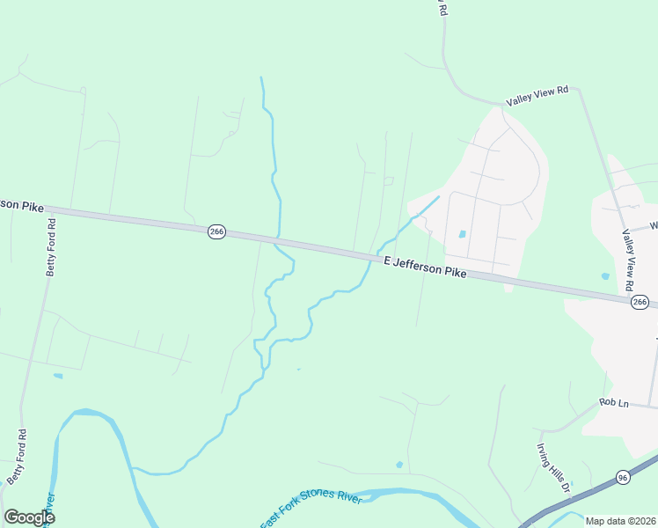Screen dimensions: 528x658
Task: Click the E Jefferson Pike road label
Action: tap(425, 267)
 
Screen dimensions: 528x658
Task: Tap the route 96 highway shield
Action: tap(623, 477)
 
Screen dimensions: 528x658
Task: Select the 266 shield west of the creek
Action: tap(217, 231)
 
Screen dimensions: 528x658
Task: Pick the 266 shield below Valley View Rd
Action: tap(640, 302)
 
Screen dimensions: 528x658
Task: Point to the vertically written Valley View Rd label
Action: tap(628, 260)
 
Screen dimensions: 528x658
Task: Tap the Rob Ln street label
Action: tap(614, 403)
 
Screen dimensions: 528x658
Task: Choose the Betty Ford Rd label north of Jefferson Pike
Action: tap(51, 246)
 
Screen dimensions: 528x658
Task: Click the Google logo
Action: tap(30, 517)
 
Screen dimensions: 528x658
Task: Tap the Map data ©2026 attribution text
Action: tap(620, 521)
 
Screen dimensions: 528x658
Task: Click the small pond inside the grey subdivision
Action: tap(463, 234)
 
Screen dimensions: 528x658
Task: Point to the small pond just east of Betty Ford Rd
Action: tap(58, 376)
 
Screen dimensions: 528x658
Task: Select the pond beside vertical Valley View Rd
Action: tap(605, 276)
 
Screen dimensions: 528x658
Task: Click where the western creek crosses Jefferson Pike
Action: tap(278, 239)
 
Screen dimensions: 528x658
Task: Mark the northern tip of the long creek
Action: tap(261, 78)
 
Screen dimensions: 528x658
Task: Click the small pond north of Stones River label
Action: tap(400, 464)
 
